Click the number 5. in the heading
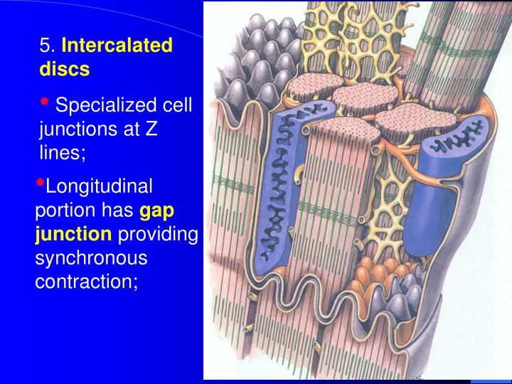[48, 47]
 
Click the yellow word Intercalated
[117, 47]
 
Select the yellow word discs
[64, 70]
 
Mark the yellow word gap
[156, 211]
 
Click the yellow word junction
[73, 235]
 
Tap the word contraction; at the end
[85, 281]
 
